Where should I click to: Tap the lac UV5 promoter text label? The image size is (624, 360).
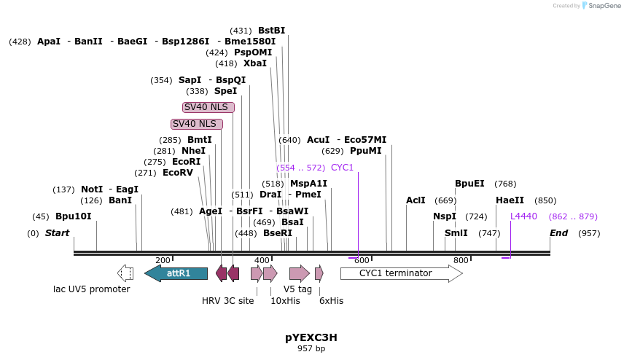tap(91, 289)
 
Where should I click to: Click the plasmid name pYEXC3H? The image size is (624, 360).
tap(311, 337)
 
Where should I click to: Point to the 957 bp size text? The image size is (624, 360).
tap(311, 349)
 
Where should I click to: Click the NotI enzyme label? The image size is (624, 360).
tap(92, 189)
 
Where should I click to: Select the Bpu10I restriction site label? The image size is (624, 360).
tap(74, 216)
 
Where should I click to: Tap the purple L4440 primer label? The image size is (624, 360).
tap(523, 216)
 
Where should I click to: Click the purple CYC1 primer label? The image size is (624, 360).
tap(342, 168)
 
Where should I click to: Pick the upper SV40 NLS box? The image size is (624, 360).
tap(208, 107)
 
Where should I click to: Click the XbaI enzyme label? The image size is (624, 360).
tap(255, 63)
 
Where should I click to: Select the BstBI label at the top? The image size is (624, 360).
tap(271, 31)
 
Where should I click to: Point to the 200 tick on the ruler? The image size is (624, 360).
tap(163, 260)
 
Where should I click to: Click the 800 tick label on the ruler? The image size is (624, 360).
tap(461, 260)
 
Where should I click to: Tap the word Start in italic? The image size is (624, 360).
tap(57, 233)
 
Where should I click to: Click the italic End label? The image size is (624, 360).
tap(558, 233)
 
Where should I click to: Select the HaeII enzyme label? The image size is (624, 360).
tap(510, 200)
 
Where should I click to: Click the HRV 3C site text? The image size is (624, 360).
tap(227, 300)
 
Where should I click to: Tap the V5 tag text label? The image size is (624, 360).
tap(297, 289)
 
